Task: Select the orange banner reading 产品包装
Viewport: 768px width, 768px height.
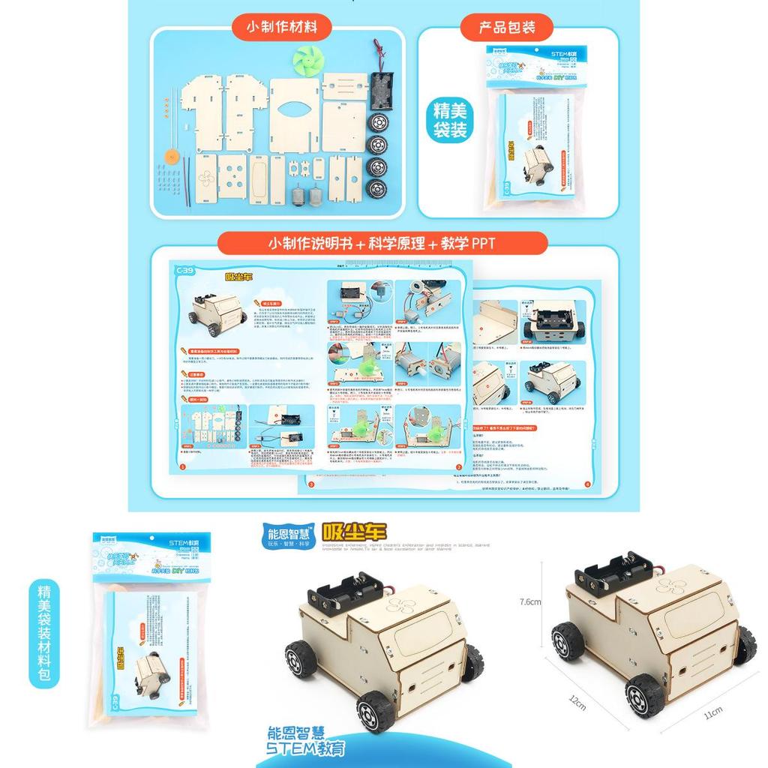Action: (508, 28)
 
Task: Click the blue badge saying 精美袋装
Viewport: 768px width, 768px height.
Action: (451, 121)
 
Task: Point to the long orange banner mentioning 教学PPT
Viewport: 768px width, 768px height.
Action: (382, 244)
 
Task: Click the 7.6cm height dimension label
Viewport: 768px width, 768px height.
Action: (530, 601)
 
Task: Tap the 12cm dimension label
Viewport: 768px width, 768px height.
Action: (577, 703)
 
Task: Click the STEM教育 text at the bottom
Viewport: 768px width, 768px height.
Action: (306, 748)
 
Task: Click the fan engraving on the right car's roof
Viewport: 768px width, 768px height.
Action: (670, 587)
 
